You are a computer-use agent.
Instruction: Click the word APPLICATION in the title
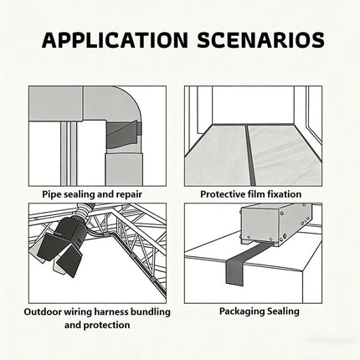(115, 40)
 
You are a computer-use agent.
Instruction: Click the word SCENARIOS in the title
(261, 40)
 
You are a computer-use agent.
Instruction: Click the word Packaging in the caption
(242, 311)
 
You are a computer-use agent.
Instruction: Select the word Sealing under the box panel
(283, 311)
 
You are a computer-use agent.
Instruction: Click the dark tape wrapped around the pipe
(123, 135)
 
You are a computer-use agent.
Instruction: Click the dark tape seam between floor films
(249, 155)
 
